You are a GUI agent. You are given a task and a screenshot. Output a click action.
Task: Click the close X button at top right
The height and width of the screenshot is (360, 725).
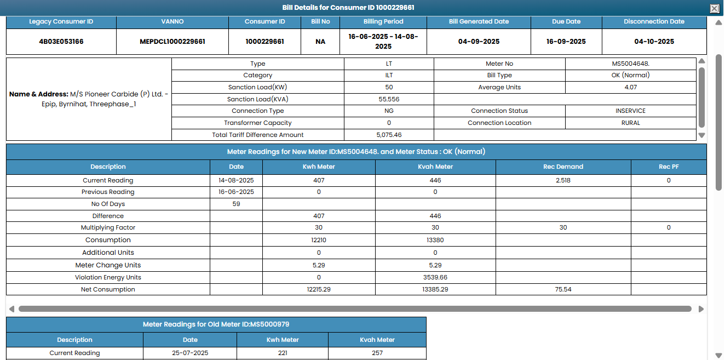(x=714, y=8)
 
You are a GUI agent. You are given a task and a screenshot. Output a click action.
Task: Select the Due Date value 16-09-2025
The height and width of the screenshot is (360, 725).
(x=566, y=42)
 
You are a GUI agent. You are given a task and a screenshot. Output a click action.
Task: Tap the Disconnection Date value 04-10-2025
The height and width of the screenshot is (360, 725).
(x=654, y=42)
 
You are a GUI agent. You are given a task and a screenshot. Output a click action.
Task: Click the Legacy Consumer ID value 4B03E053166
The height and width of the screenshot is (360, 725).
(x=61, y=42)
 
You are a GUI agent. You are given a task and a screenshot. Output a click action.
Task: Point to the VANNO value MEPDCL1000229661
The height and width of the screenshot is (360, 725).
(x=172, y=42)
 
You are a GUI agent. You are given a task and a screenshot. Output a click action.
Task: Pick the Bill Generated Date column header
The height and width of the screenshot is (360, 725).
(x=479, y=22)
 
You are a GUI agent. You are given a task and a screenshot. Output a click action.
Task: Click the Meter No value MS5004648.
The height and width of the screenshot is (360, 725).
(x=630, y=64)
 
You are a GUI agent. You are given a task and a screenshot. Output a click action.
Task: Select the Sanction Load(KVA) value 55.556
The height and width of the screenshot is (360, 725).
(x=389, y=100)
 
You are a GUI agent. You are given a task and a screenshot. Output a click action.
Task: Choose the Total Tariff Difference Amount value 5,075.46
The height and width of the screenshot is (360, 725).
(x=389, y=135)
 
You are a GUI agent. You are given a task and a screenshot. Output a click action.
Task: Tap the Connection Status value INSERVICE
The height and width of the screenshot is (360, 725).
(x=630, y=111)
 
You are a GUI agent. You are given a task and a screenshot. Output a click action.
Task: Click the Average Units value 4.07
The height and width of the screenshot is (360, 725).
(x=630, y=88)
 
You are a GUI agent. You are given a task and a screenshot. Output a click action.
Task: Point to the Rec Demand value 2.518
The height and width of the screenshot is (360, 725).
(x=563, y=181)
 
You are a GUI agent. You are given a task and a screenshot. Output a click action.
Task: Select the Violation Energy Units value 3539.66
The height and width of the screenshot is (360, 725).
(x=435, y=278)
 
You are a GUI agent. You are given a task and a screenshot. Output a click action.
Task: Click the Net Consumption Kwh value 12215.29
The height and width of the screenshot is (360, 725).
(x=319, y=290)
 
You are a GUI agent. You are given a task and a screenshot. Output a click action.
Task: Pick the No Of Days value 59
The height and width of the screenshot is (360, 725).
(x=237, y=204)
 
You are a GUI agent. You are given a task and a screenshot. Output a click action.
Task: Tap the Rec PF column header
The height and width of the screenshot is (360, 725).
(x=669, y=167)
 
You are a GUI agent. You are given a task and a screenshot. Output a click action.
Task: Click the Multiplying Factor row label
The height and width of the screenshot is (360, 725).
(x=108, y=228)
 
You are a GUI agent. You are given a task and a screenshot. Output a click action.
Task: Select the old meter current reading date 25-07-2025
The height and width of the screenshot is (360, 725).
(x=190, y=353)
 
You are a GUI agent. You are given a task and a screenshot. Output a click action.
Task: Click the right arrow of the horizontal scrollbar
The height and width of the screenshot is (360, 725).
(x=701, y=309)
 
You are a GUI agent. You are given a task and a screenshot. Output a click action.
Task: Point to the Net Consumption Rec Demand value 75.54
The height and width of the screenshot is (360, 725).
(x=563, y=290)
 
